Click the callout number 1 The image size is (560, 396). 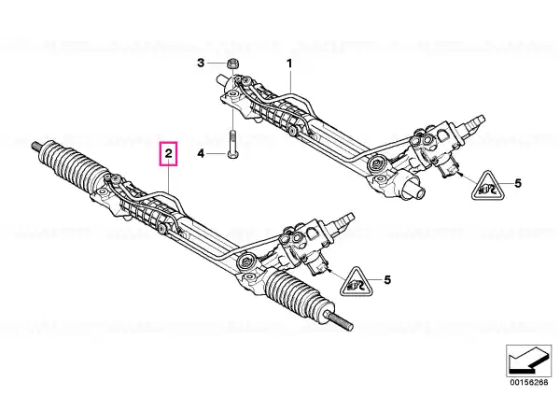tap(289, 64)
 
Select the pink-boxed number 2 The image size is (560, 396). tap(168, 154)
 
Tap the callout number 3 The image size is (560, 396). tap(201, 64)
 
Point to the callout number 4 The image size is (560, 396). tap(201, 154)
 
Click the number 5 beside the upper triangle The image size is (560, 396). tap(518, 183)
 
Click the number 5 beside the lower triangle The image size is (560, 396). tap(387, 279)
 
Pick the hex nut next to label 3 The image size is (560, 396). tap(232, 64)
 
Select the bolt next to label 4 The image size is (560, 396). tap(232, 145)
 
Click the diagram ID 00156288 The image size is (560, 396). tap(528, 382)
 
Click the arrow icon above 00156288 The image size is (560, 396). tap(528, 361)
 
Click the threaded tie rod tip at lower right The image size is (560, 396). tap(340, 321)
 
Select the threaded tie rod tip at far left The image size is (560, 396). tap(36, 145)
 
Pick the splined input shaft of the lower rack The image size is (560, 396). tap(343, 219)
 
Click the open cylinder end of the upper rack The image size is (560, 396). tap(415, 189)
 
